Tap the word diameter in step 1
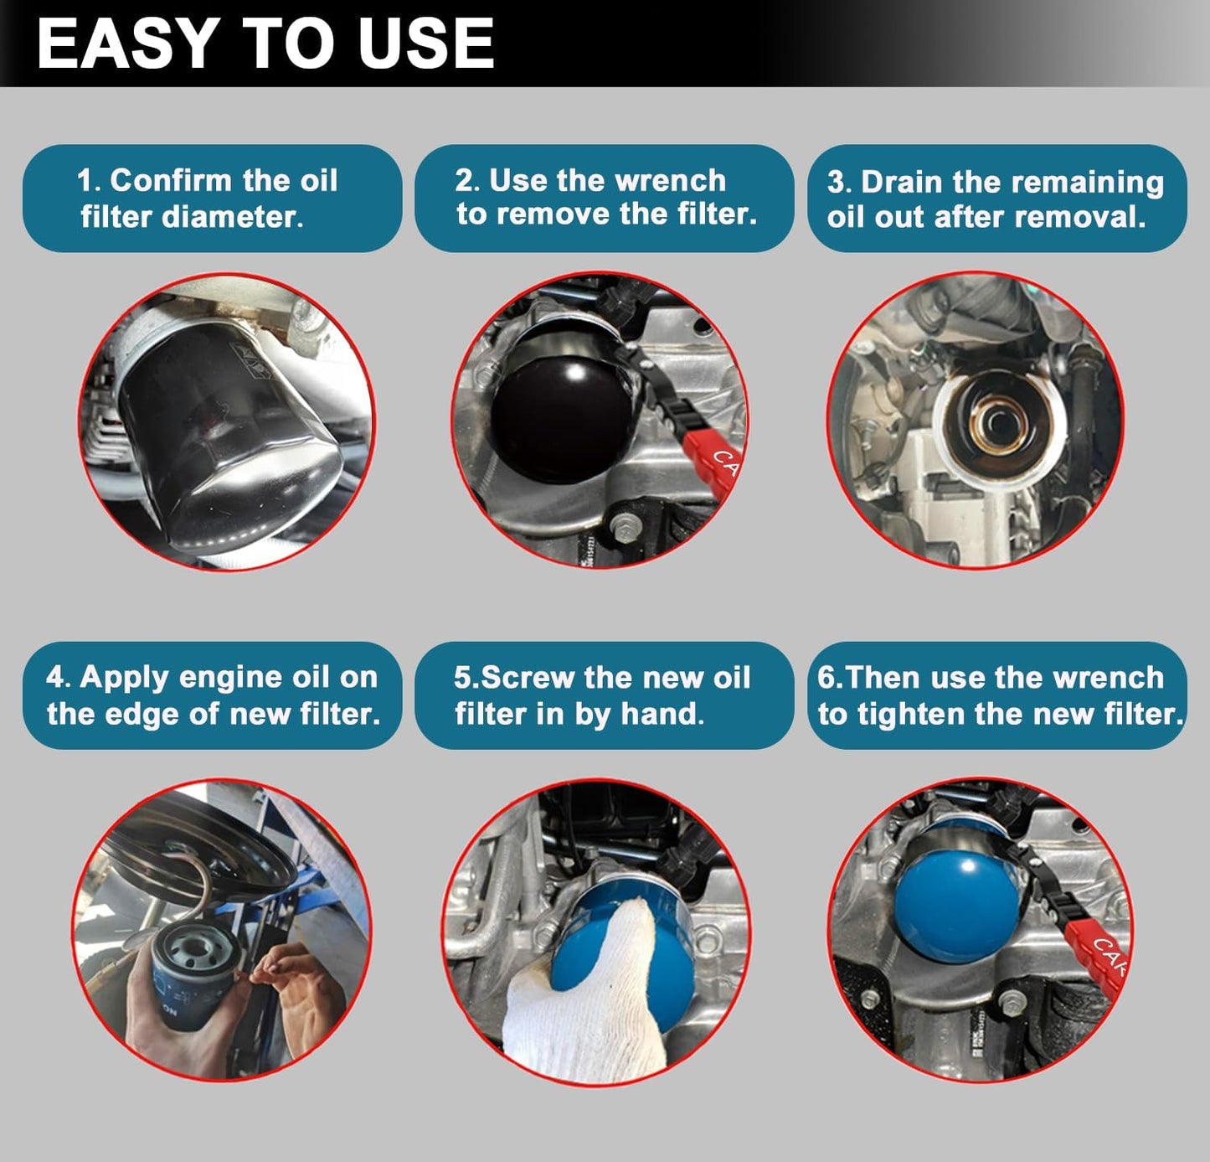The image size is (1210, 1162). click(x=231, y=217)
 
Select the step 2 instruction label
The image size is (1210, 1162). click(x=604, y=198)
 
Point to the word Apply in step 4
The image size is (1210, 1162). click(x=124, y=677)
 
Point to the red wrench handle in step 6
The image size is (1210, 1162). click(x=1101, y=955)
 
